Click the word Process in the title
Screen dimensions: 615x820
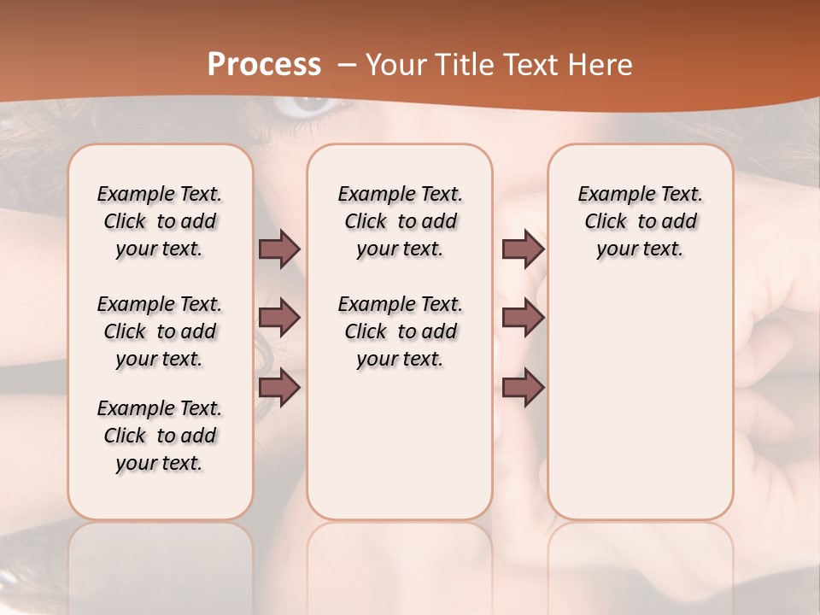point(264,65)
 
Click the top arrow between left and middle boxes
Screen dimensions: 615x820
point(279,249)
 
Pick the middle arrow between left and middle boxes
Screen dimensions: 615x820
point(279,318)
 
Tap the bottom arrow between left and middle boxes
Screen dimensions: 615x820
point(279,389)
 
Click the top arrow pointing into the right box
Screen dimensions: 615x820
point(523,249)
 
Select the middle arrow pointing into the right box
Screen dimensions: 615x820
point(523,318)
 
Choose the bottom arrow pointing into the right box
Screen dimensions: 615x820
point(523,389)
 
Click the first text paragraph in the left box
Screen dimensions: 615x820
point(160,221)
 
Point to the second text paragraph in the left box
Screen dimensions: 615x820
point(160,331)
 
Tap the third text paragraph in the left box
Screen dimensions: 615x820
point(160,436)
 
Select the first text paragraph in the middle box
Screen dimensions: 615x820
point(400,221)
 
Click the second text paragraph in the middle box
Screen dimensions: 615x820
point(400,331)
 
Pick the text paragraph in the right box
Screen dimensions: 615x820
point(641,221)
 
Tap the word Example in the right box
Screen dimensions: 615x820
point(610,195)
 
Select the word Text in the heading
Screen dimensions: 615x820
point(526,65)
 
